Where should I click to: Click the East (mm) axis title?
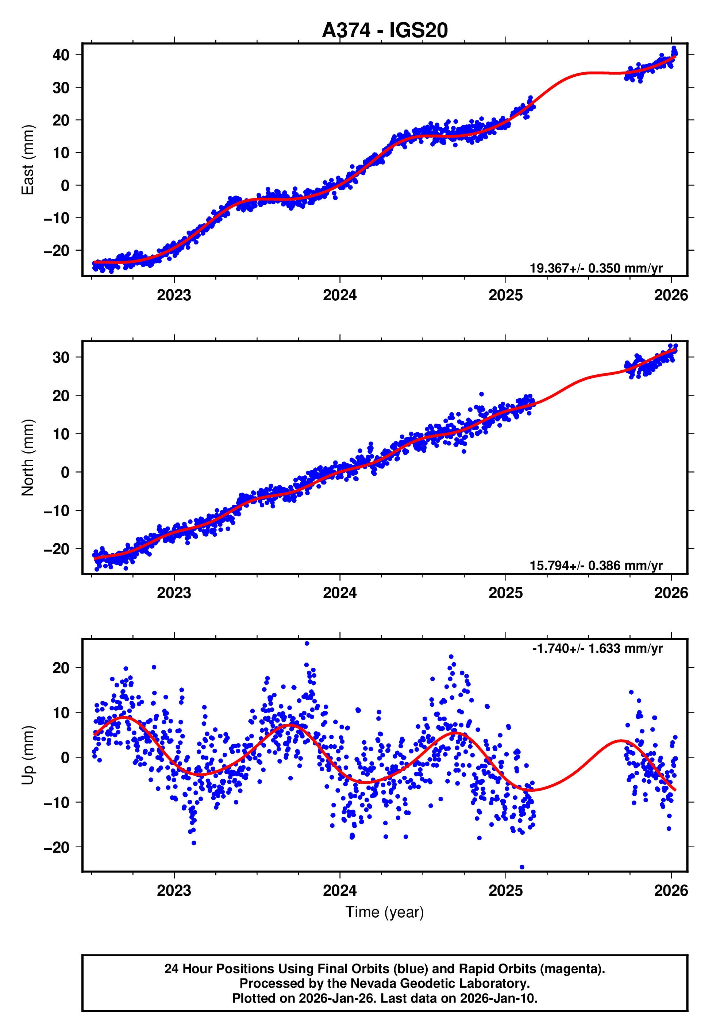click(28, 160)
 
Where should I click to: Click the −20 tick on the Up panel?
click(57, 848)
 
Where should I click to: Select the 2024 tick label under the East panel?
click(340, 295)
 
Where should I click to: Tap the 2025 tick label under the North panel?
click(505, 593)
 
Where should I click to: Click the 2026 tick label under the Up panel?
click(671, 891)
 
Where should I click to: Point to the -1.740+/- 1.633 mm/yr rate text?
click(597, 648)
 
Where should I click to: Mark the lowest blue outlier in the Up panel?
click(522, 867)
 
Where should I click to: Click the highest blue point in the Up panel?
click(307, 644)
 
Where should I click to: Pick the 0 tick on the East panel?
click(65, 185)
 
